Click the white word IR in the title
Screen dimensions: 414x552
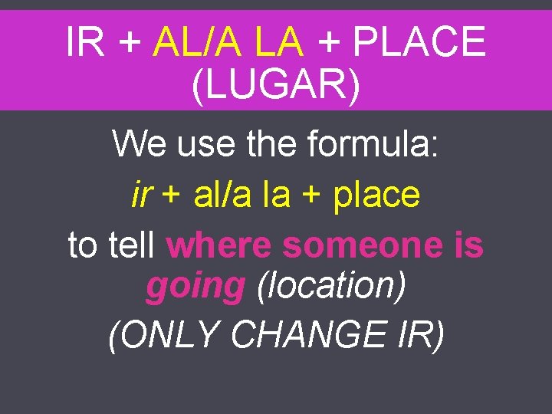86,41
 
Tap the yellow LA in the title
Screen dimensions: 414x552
280,41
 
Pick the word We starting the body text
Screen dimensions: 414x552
141,143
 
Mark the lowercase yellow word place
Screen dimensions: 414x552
376,195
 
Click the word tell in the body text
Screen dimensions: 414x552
133,245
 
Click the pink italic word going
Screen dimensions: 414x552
195,287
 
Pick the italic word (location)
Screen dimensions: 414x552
331,287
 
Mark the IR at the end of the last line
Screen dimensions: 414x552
418,334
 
